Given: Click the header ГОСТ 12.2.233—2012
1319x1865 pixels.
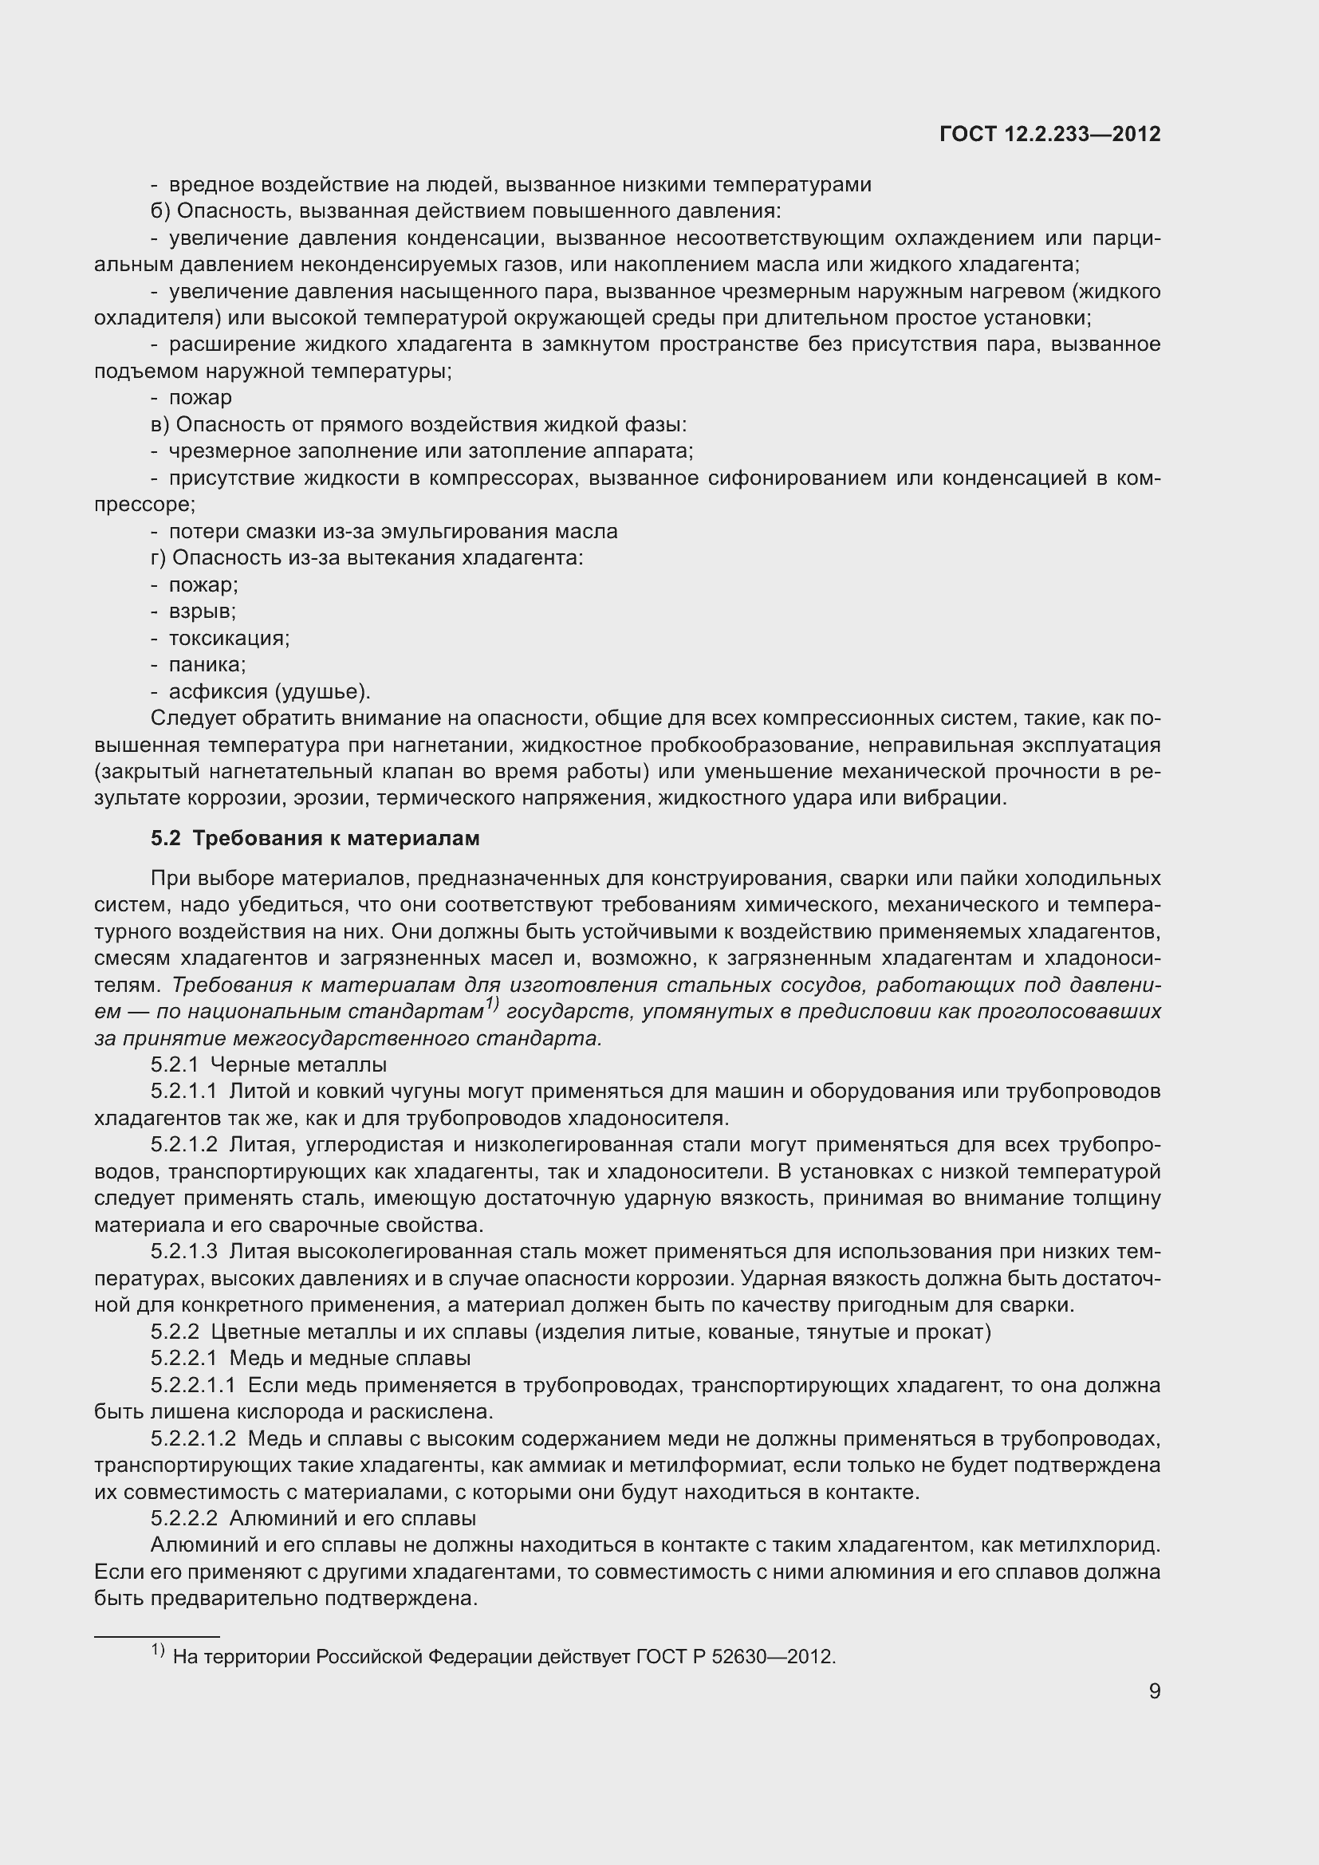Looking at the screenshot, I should click(1049, 134).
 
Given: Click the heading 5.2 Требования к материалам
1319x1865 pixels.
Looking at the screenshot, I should click(315, 838).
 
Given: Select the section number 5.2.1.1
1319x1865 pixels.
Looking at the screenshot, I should click(183, 1091).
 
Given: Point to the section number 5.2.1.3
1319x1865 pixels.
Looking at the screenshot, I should click(183, 1252).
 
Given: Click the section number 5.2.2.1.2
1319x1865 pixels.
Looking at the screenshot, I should click(193, 1439).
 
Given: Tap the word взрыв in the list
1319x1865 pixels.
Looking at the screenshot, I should click(202, 612).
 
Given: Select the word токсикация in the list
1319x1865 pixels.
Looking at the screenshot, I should click(228, 639).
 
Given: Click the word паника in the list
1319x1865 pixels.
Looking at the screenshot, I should click(207, 665).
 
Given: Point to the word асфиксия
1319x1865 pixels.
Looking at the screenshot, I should click(217, 692).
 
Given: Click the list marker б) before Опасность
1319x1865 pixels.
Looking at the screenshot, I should click(160, 212).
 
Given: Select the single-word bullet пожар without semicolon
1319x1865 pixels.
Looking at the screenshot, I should click(200, 398).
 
